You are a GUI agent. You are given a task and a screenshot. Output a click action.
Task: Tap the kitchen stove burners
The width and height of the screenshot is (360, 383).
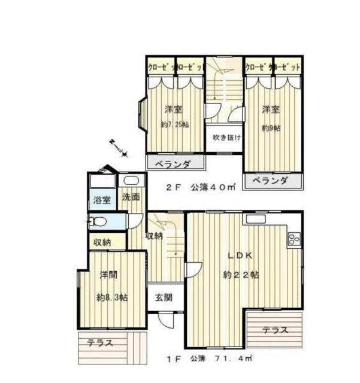(294, 239)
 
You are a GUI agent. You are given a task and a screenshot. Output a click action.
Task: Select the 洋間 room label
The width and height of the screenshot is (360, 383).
(108, 276)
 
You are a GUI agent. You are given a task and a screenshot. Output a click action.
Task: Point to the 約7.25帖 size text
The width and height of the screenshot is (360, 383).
(174, 125)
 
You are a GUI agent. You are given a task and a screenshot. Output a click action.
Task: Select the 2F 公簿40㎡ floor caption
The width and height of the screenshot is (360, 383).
(198, 187)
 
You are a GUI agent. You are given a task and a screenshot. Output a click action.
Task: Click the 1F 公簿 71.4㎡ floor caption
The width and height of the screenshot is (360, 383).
(209, 360)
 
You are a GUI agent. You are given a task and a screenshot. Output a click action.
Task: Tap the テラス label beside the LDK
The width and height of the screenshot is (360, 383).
(275, 329)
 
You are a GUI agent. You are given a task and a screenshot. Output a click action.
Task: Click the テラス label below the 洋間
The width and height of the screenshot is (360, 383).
(102, 344)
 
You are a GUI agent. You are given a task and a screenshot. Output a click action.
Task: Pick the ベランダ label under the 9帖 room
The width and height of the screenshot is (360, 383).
(270, 181)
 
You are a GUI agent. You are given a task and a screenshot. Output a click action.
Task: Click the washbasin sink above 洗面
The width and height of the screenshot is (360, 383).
(130, 181)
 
